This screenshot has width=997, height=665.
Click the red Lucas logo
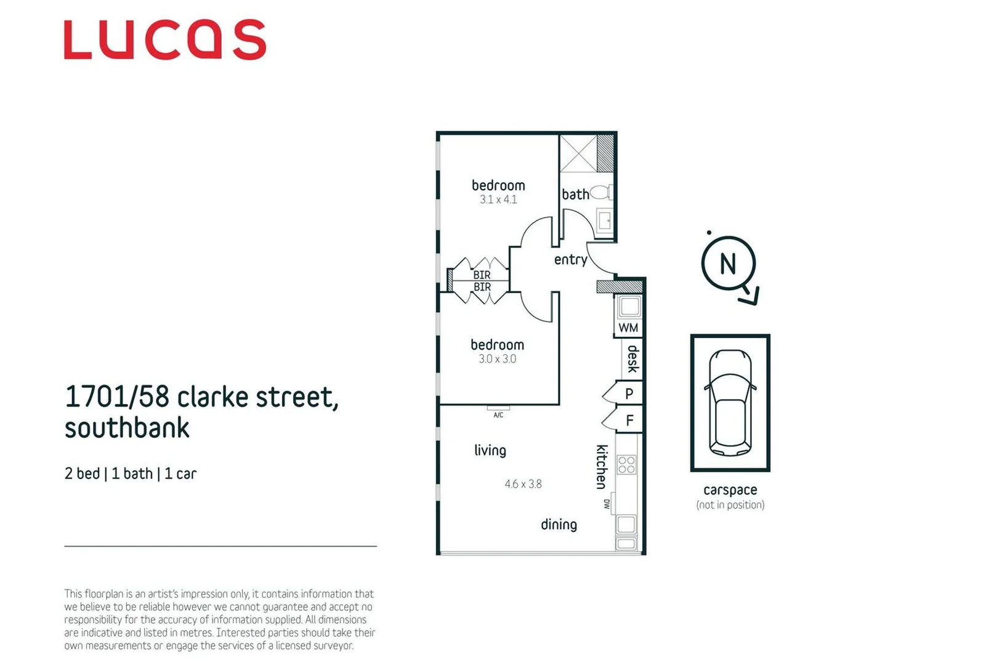pyautogui.click(x=165, y=40)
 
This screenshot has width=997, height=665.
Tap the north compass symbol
pyautogui.click(x=729, y=264)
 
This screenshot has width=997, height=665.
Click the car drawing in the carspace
pyautogui.click(x=730, y=403)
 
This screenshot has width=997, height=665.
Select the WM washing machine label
pyautogui.click(x=628, y=328)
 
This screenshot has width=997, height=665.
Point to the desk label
pyautogui.click(x=632, y=358)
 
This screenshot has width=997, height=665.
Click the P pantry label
pyautogui.click(x=629, y=393)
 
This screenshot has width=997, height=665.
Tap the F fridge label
pyautogui.click(x=629, y=421)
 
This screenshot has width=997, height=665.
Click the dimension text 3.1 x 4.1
pyautogui.click(x=498, y=199)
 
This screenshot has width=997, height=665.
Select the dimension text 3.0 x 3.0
pyautogui.click(x=498, y=359)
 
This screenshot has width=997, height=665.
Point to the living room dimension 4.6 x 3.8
pyautogui.click(x=523, y=484)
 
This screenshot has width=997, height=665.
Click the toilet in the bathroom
pyautogui.click(x=600, y=193)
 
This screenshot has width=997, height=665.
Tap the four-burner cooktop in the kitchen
pyautogui.click(x=627, y=465)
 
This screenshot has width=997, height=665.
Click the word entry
pyautogui.click(x=570, y=260)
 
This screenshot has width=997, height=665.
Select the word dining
pyautogui.click(x=559, y=525)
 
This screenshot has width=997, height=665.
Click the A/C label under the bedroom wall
pyautogui.click(x=498, y=415)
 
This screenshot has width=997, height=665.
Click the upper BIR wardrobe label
pyautogui.click(x=482, y=275)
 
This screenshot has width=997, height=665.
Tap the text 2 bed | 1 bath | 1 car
pyautogui.click(x=131, y=474)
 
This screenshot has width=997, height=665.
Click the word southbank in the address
pyautogui.click(x=127, y=428)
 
